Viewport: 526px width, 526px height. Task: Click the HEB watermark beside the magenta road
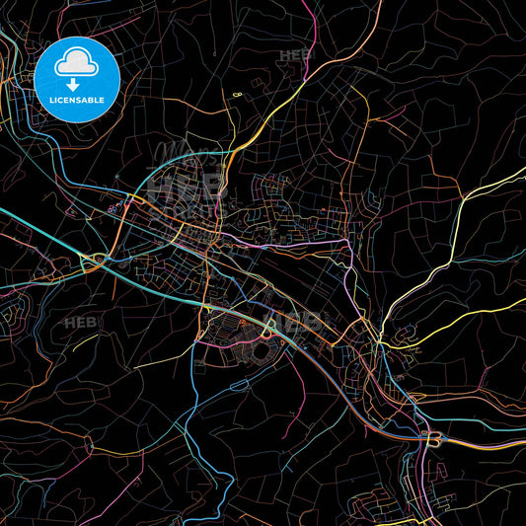pyautogui.click(x=294, y=56)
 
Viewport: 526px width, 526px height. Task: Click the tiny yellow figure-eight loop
pyautogui.click(x=237, y=93)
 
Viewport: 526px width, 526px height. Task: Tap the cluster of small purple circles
pyautogui.click(x=113, y=206)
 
